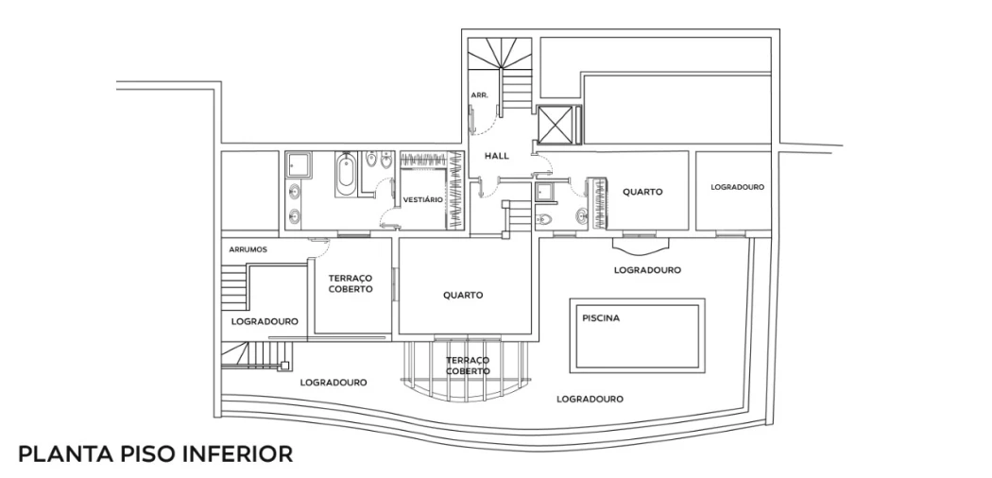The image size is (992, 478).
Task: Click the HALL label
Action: coord(497,156)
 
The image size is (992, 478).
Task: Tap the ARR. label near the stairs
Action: coord(479,94)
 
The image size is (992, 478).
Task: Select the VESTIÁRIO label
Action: coord(422,200)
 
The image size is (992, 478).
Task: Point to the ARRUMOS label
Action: coord(248,249)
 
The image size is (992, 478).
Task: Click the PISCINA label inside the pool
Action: coord(601,318)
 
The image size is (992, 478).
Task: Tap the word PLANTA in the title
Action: coord(57,454)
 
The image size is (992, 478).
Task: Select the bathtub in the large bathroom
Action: coord(346,175)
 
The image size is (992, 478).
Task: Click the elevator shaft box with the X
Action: coord(555,125)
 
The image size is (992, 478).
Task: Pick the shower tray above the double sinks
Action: coord(298,164)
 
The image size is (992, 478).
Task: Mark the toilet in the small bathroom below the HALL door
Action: coord(543,219)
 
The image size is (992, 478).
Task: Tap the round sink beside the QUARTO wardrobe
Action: coord(581,217)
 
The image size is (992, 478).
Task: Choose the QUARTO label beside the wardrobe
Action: coord(642,192)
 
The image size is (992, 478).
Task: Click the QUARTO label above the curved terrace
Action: coord(463,296)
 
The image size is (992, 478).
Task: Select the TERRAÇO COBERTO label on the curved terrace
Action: coord(468,366)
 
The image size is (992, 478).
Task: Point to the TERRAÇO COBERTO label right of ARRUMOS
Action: coord(351,283)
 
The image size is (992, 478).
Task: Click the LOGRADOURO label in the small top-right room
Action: coord(737,187)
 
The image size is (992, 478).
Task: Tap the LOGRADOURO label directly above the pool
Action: coord(647,270)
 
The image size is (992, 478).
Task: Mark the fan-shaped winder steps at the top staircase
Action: coord(500,53)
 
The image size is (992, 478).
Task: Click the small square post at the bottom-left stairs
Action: coord(284,365)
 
